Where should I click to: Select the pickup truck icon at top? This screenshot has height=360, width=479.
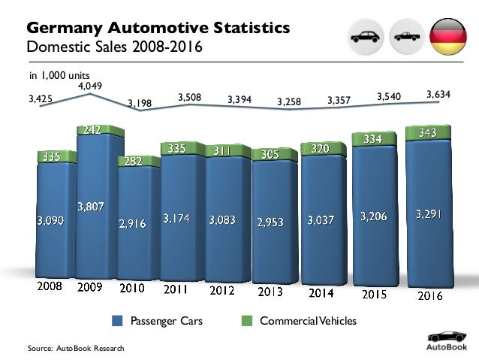coord(406,37)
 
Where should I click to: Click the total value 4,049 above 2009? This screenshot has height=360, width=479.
coord(90,86)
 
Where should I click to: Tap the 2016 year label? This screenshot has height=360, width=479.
coord(428,295)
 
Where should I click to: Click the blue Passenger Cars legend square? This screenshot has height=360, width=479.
coord(117,322)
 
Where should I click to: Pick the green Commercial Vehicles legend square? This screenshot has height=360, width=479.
coord(246,322)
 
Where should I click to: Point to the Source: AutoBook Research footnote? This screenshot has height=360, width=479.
coord(75,349)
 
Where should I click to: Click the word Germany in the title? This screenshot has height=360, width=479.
coord(62,28)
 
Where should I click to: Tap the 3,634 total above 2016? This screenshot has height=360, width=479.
coord(438,94)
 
